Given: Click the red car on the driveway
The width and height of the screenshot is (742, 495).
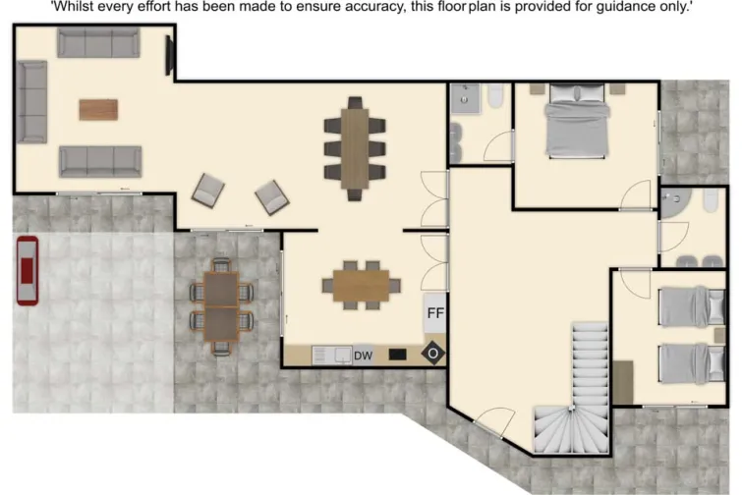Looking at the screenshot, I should tap(28, 271).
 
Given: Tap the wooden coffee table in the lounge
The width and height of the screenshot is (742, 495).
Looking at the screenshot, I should tap(98, 109).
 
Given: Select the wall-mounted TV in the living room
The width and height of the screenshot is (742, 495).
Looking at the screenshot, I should tap(170, 56).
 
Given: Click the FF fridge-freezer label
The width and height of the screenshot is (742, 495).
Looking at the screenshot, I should tap(435, 315).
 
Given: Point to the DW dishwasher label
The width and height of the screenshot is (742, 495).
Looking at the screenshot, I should tap(363, 355).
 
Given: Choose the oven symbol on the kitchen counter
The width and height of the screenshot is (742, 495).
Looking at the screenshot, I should tap(432, 354).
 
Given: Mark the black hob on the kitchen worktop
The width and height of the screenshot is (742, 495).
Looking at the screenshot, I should tap(398, 354).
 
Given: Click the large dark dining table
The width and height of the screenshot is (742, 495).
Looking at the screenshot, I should tap(354, 147).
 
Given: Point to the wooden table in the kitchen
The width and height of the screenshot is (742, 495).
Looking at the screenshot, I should tap(361, 285).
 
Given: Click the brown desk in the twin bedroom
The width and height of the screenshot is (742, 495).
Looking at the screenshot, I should tap(623, 381).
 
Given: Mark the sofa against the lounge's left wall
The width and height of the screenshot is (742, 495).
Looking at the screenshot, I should tap(31, 101).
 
